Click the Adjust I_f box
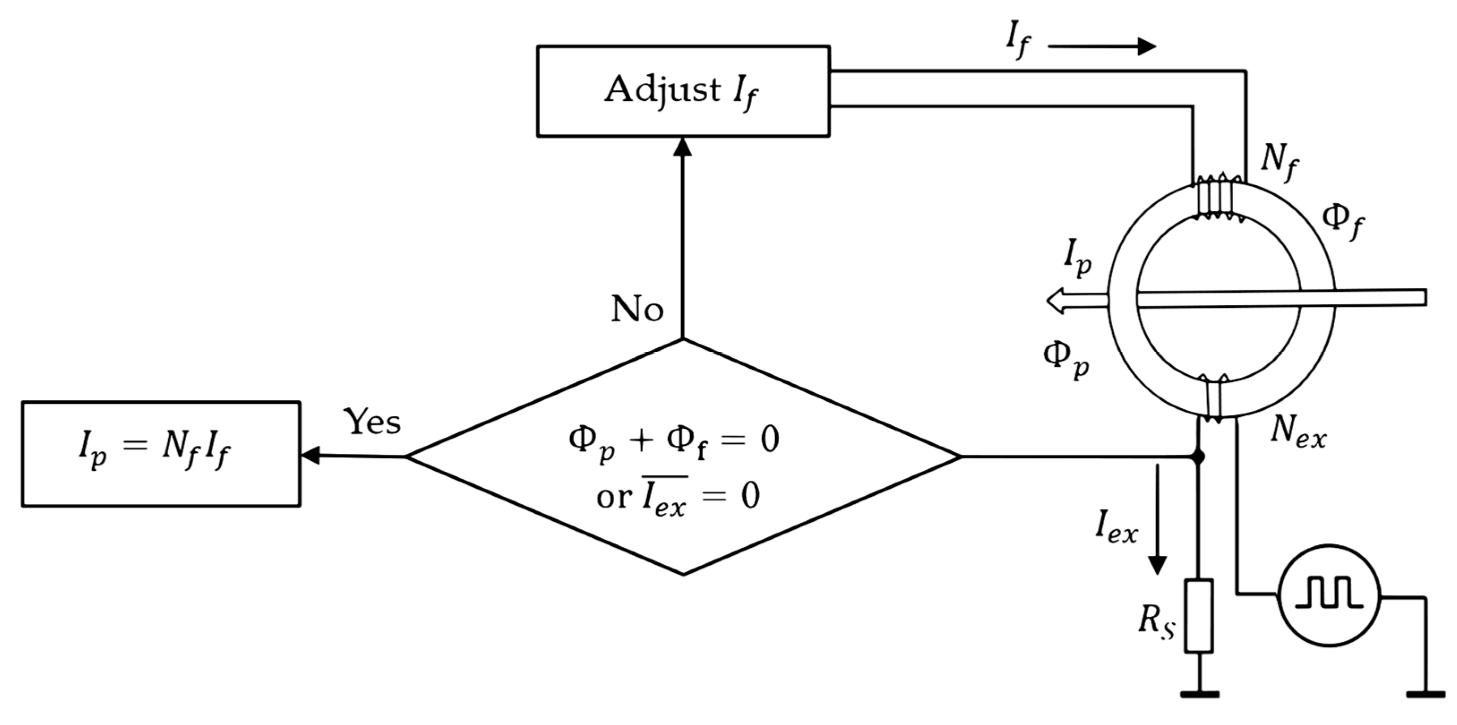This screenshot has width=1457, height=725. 683,91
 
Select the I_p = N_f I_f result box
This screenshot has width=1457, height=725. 161,454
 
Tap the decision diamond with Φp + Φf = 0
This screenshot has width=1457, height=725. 683,457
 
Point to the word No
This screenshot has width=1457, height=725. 637,309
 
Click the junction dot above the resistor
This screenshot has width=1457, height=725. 1197,456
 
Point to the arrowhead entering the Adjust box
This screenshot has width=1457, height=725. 683,147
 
